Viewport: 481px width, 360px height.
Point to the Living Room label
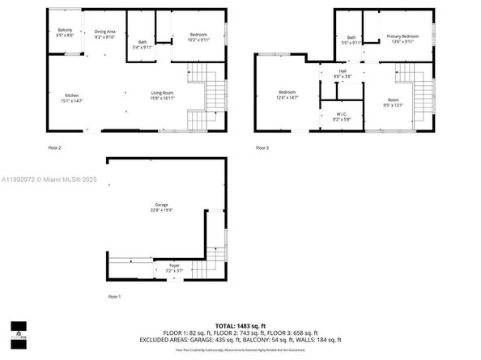(162, 95)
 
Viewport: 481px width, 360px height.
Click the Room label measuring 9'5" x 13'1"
(393, 102)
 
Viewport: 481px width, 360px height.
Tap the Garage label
(162, 207)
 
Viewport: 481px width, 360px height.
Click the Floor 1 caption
(114, 297)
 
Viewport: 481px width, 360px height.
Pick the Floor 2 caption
(54, 148)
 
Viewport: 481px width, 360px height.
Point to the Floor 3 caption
(262, 148)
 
